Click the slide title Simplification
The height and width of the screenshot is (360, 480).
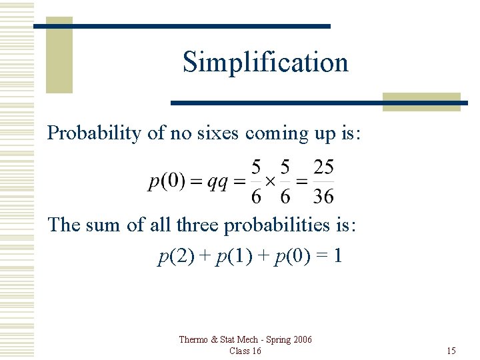(x=265, y=62)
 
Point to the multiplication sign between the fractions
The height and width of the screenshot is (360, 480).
(x=271, y=181)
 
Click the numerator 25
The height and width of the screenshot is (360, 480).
(x=323, y=167)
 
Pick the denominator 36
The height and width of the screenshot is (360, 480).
(x=323, y=196)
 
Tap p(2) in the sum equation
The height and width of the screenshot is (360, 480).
(x=172, y=256)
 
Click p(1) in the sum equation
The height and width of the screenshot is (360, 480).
(x=227, y=256)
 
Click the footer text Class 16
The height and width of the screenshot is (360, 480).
(x=245, y=351)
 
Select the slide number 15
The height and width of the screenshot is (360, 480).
(x=451, y=351)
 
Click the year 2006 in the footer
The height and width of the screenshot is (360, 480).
(x=300, y=340)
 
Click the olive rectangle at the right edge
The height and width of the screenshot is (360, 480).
(x=421, y=101)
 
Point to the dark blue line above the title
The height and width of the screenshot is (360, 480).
(x=181, y=26)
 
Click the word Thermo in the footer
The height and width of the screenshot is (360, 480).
(x=193, y=340)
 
